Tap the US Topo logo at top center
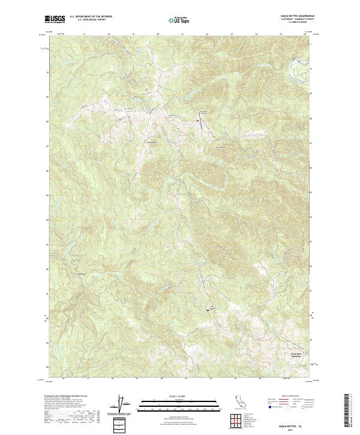pos(179,20)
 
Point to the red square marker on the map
pos(197,121)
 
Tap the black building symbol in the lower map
pos(208,310)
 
